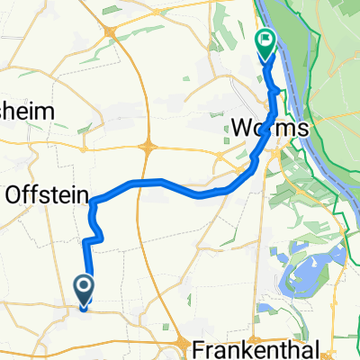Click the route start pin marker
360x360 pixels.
point(84,290)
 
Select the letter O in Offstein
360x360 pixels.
point(16,193)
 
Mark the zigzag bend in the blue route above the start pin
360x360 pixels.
point(97,236)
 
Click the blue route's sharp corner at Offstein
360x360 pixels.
point(92,203)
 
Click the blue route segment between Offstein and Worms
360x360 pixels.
point(162,184)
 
